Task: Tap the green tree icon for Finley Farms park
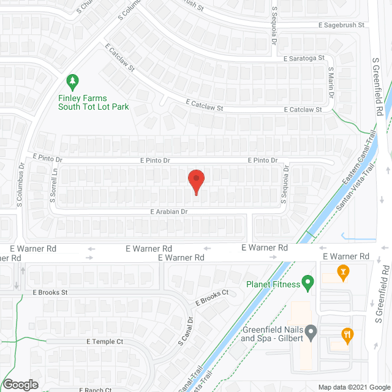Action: tap(72, 81)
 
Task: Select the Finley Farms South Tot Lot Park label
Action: tap(93, 102)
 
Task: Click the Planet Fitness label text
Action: tap(273, 284)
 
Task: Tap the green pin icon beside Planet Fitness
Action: tap(308, 284)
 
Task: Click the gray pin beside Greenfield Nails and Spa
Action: tap(311, 334)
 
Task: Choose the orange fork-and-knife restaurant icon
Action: tap(347, 334)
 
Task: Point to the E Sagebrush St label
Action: tap(341, 25)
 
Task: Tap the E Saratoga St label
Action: tap(304, 58)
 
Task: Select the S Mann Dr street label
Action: tap(330, 83)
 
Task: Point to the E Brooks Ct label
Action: tap(211, 297)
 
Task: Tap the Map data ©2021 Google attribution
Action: tap(353, 386)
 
